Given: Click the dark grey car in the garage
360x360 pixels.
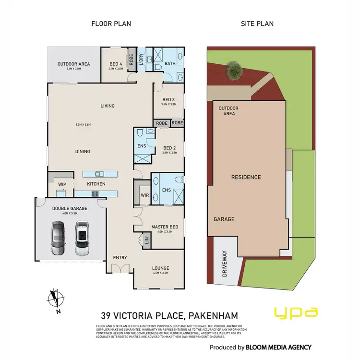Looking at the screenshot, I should (x=58, y=238).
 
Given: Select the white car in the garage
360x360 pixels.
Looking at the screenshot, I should (x=82, y=238).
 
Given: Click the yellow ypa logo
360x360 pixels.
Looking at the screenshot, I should (x=296, y=312).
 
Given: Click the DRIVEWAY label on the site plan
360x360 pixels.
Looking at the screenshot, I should (x=224, y=265).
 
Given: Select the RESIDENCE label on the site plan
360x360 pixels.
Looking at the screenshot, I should (x=246, y=177).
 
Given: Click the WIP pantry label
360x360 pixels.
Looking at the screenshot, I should (x=62, y=184).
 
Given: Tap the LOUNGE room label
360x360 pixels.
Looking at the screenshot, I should (x=160, y=268).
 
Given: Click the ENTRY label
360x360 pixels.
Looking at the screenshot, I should (x=120, y=258).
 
